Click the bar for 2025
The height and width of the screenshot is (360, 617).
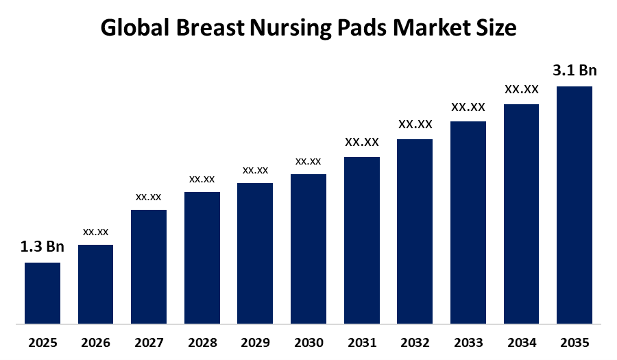coord(43,292)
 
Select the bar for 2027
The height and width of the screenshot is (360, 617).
coord(149,266)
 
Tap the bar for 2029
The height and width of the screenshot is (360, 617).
coord(255,252)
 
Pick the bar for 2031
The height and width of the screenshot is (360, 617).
coord(361,239)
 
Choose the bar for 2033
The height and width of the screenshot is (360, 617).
coord(468,221)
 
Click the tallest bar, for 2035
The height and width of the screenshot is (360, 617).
coord(574,204)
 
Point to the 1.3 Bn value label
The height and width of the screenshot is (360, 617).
coord(43,247)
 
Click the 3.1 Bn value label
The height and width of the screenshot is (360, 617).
coord(574,71)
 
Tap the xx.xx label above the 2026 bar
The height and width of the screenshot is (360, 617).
coord(96,232)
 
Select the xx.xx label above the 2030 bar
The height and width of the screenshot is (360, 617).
coord(308,161)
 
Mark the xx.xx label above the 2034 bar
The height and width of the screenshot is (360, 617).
coord(521,89)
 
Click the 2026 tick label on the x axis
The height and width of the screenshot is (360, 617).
coord(96,342)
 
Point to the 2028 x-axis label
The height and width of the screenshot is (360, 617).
coord(202,342)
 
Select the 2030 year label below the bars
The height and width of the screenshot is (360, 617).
coord(308,342)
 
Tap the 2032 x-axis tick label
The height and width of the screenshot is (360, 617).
coord(414,342)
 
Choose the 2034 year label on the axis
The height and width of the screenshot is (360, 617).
coord(521,342)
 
